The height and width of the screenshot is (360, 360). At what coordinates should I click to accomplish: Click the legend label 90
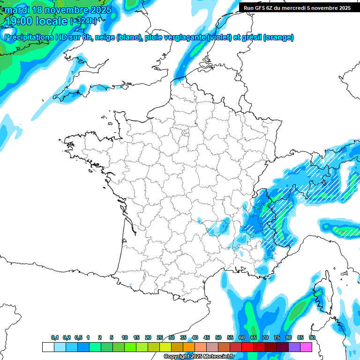(x=312, y=337)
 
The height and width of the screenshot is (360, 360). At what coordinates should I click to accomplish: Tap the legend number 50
(x=218, y=337)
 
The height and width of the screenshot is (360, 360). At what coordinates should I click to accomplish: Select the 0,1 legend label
(x=55, y=337)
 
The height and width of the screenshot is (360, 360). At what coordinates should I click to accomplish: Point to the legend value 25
(x=160, y=337)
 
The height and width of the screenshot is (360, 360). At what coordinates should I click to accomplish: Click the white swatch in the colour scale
(x=48, y=347)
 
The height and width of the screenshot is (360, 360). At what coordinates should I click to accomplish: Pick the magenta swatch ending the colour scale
(x=306, y=347)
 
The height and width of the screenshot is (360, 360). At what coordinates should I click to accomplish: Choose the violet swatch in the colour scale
(x=294, y=347)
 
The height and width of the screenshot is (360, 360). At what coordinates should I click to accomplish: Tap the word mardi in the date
(x=17, y=10)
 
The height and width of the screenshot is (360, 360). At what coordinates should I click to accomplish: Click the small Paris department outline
(x=185, y=133)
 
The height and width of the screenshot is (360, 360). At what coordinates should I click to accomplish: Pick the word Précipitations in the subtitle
(x=27, y=37)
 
